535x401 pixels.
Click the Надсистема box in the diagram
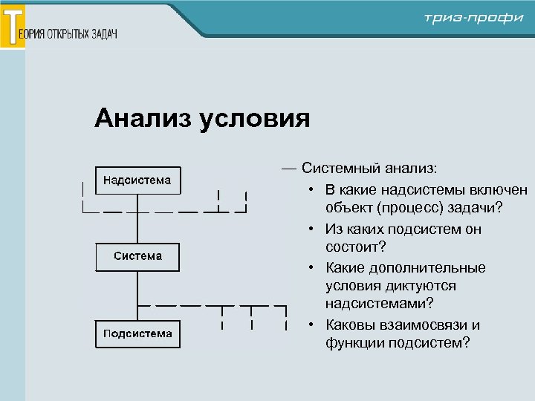pos(137,180)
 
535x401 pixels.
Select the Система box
pos(137,256)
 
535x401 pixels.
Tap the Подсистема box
pos(137,333)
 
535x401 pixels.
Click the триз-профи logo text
pos(473,18)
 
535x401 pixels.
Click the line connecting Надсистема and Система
pos(138,218)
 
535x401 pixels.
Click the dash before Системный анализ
pos(288,170)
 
